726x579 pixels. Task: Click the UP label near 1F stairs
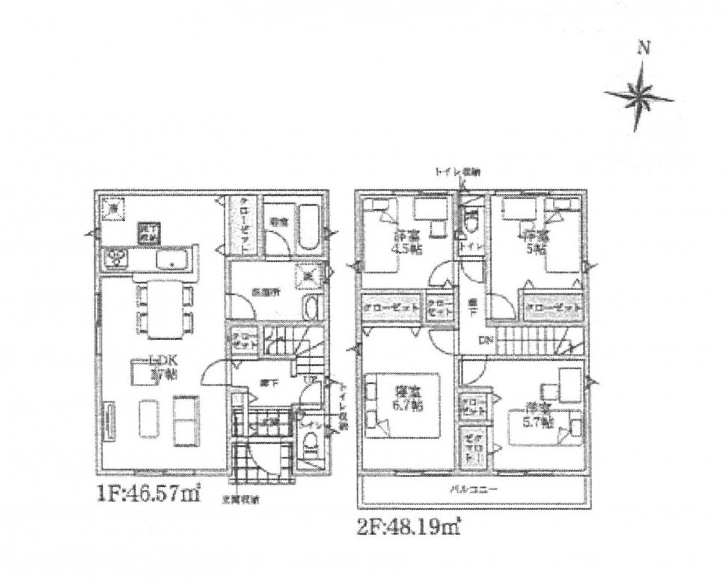pyautogui.click(x=307, y=379)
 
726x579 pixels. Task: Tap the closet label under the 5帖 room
pyautogui.click(x=553, y=308)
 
